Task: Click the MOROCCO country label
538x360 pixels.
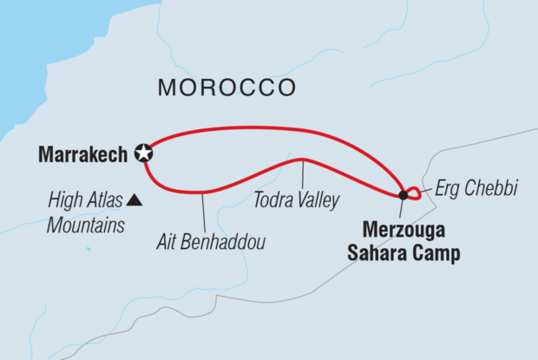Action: [227, 88]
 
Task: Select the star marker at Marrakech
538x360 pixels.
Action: [144, 154]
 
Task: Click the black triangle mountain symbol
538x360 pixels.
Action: [134, 201]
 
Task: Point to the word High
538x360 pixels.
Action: [67, 202]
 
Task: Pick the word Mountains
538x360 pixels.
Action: [84, 226]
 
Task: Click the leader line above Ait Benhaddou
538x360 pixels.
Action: [202, 210]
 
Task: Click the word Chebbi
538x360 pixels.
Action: [494, 188]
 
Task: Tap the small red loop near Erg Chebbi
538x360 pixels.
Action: [413, 193]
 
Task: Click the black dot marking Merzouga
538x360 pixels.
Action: [402, 194]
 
